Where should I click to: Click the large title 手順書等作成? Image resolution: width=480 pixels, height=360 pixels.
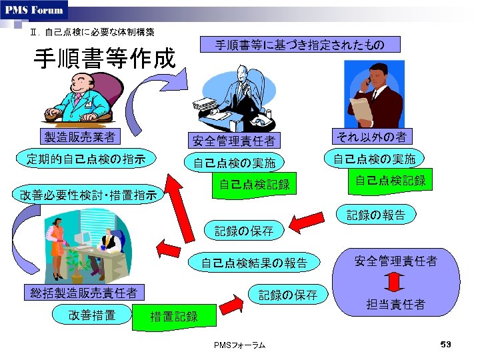click(x=104, y=59)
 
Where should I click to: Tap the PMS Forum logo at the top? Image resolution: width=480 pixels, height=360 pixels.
click(x=35, y=9)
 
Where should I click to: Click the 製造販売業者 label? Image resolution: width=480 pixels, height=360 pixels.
click(x=79, y=137)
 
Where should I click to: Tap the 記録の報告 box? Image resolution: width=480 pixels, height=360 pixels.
click(x=375, y=215)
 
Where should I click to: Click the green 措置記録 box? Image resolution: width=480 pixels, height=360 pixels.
click(x=174, y=316)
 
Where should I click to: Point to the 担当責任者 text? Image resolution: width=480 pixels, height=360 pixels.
click(x=395, y=305)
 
